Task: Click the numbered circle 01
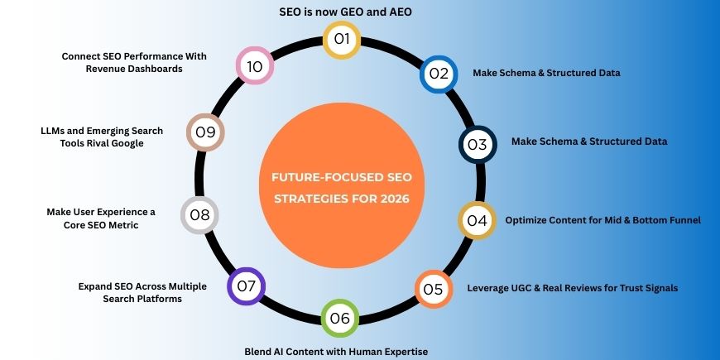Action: tap(340, 39)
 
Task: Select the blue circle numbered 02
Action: tap(438, 74)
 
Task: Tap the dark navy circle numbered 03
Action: tap(478, 144)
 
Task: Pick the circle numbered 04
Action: tap(477, 221)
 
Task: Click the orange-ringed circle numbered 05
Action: tap(433, 289)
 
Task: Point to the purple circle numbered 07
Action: tap(247, 286)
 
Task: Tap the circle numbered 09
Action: tap(204, 132)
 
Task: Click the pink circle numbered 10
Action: tap(255, 66)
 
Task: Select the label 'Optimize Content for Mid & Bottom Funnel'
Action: tap(602, 220)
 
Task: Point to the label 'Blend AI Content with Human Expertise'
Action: tap(336, 352)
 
